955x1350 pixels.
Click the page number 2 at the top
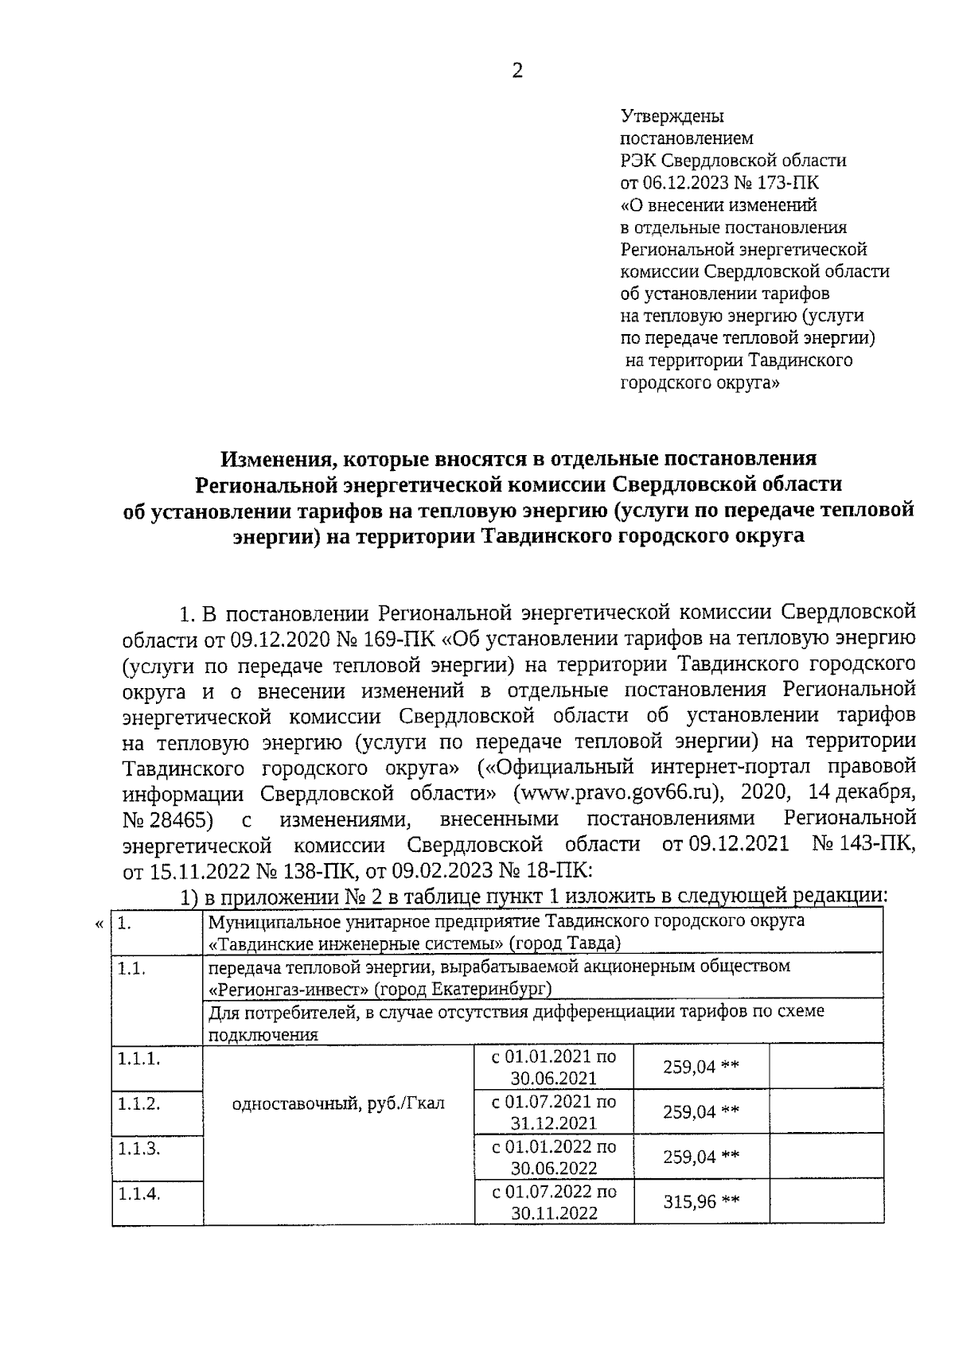click(x=516, y=72)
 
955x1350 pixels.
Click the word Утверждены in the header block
click(x=672, y=116)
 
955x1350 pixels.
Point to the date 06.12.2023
click(x=694, y=183)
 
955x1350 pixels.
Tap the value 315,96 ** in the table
click(x=701, y=1201)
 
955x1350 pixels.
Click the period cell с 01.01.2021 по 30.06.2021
click(x=554, y=1067)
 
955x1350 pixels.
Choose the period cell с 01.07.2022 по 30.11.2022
click(x=554, y=1202)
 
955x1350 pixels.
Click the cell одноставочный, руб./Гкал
click(x=338, y=1103)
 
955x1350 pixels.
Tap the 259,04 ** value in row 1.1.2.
click(x=701, y=1111)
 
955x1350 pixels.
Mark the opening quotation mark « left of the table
click(x=99, y=924)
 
